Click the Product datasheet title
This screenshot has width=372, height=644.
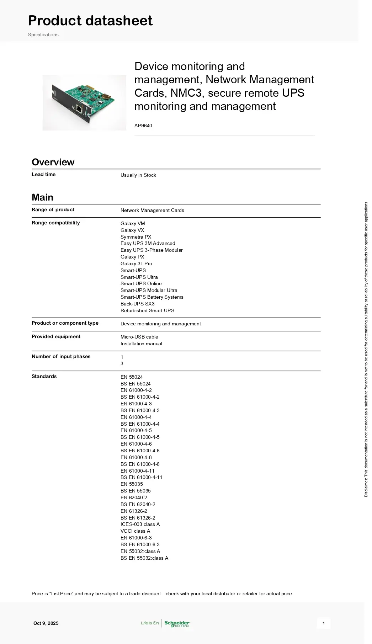[x=90, y=21]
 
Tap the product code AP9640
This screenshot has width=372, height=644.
[x=143, y=126]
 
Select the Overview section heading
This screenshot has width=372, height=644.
[x=53, y=162]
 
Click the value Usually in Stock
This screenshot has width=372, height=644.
[x=138, y=175]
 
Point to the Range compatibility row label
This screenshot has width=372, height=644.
[x=55, y=223]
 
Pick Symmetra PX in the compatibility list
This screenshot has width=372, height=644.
[x=135, y=237]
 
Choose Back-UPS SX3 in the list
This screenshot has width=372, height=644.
[x=137, y=304]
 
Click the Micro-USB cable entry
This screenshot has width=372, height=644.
[x=139, y=337]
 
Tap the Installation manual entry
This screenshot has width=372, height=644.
[x=141, y=344]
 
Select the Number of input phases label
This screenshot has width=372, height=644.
[x=61, y=356]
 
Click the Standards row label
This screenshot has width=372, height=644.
[x=44, y=376]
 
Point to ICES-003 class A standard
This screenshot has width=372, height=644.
[x=140, y=524]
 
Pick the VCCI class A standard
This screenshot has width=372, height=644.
[x=135, y=531]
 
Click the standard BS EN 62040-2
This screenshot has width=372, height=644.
[x=138, y=504]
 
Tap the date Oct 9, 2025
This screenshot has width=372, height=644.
[x=46, y=623]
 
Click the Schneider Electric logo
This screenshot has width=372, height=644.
[x=177, y=623]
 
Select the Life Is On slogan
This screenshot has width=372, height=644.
[x=150, y=623]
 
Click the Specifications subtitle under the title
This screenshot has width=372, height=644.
[x=43, y=34]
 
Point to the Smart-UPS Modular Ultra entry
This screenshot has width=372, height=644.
[x=149, y=290]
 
